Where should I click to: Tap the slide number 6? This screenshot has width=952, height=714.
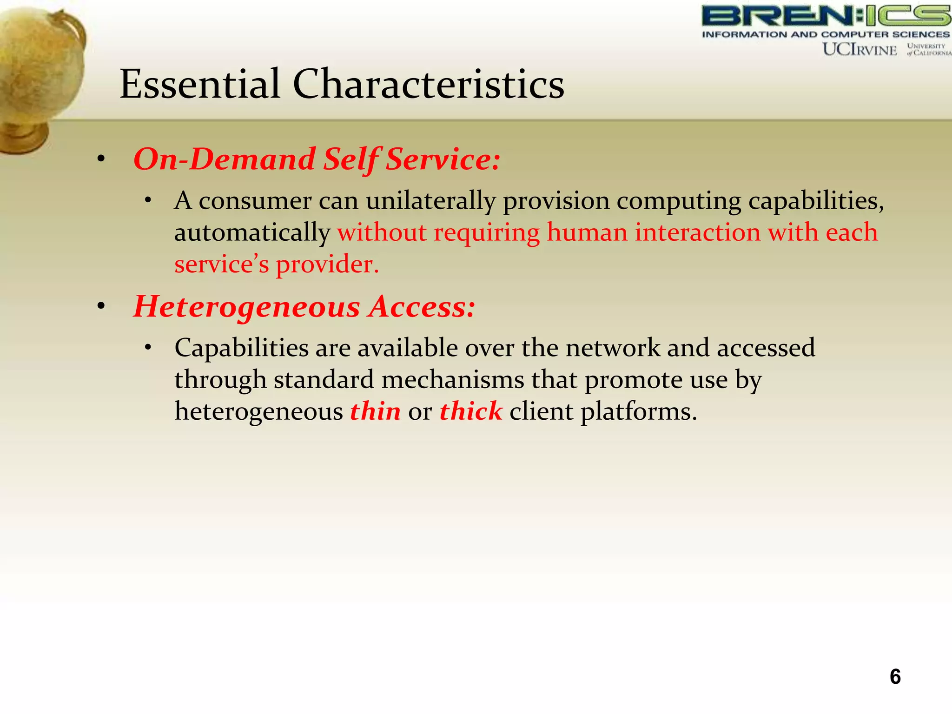pos(895,676)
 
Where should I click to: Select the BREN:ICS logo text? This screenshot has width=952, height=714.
pos(826,16)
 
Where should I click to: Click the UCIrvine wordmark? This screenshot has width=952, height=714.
pos(859,49)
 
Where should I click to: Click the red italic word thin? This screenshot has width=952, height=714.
pos(375,411)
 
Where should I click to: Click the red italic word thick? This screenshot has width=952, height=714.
pos(471,411)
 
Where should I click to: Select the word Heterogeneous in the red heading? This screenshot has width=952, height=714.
pos(247,307)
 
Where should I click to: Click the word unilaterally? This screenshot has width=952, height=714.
pos(430,201)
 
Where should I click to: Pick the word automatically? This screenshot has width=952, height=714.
pos(252,233)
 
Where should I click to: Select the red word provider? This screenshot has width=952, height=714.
pos(328,265)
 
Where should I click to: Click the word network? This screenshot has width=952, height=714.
pos(612,348)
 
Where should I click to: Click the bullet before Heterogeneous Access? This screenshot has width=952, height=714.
pos(101,306)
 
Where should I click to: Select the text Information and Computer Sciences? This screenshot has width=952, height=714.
pos(826,34)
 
